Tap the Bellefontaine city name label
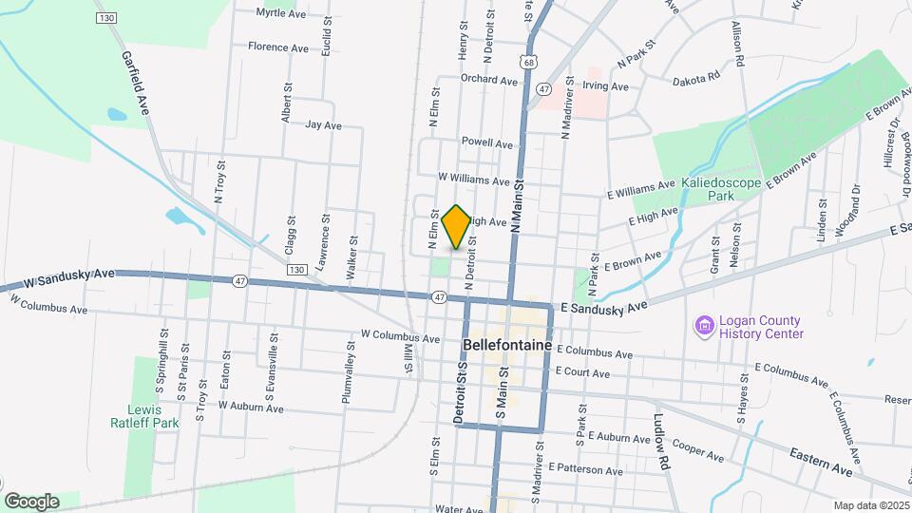coord(506,344)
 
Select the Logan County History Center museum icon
coord(704,327)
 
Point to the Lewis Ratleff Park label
coord(153,416)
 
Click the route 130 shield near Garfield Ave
coord(106,19)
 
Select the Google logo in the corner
coord(31,502)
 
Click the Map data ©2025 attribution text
coord(871,505)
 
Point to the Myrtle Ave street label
coord(281,14)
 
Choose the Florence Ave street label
coord(278,47)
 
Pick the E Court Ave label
coord(581,372)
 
